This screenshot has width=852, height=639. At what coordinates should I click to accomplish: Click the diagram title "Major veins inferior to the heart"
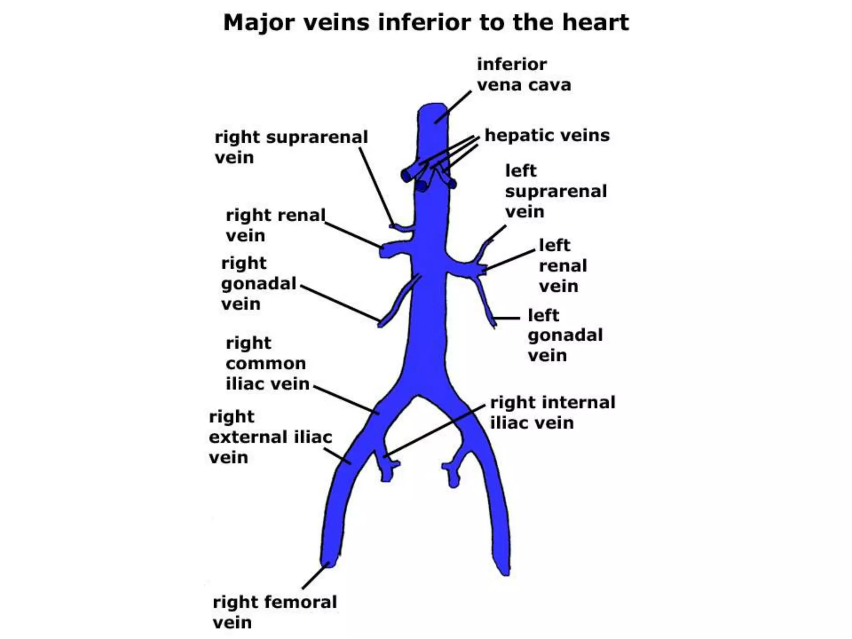[426, 22]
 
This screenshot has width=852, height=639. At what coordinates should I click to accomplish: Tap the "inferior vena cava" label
[523, 74]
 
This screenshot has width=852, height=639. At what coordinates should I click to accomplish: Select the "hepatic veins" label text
[547, 135]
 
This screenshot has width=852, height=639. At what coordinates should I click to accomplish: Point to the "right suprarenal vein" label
[291, 147]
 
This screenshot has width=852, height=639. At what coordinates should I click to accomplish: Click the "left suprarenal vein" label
[555, 191]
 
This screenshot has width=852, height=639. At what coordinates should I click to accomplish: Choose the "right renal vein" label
[275, 225]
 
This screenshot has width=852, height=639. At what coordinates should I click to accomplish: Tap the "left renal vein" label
[562, 265]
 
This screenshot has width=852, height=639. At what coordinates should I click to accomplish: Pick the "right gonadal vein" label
[258, 283]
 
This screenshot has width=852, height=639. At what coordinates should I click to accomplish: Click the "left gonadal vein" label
[565, 335]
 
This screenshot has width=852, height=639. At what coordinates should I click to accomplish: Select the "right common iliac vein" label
[267, 363]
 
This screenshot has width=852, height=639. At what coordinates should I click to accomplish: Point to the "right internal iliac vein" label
[552, 412]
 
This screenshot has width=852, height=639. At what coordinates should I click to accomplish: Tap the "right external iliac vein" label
[270, 437]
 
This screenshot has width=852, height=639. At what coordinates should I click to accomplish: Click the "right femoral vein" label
[274, 612]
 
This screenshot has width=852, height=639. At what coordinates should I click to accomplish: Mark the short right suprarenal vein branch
[402, 228]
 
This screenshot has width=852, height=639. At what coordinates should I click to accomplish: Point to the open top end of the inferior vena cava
[433, 107]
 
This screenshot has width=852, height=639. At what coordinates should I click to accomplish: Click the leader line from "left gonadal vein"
[507, 318]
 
